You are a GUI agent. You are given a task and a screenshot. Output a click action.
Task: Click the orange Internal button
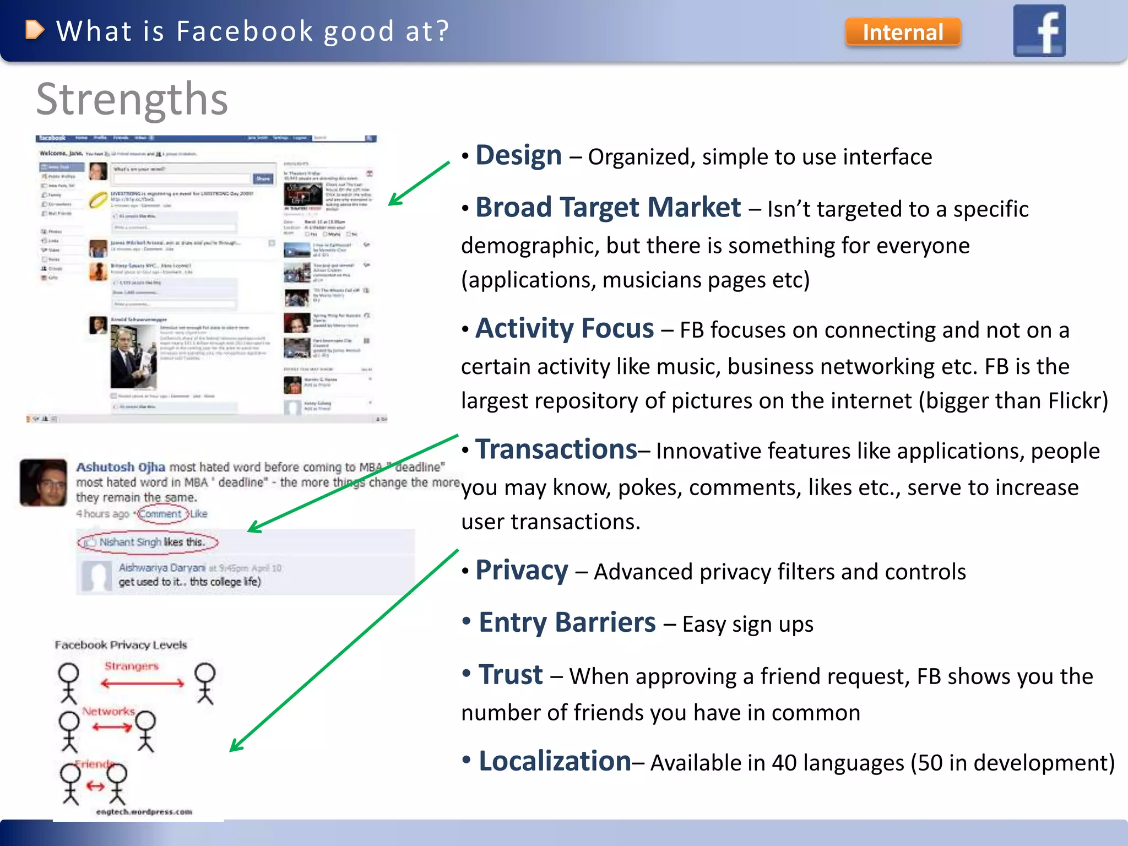tap(903, 32)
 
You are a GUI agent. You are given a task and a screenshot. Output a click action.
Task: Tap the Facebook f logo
tap(1039, 31)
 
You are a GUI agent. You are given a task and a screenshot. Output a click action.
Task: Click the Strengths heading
tap(132, 99)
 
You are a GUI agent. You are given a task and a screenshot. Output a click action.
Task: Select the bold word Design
tap(518, 155)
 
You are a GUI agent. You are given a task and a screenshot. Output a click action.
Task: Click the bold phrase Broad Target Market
tap(608, 208)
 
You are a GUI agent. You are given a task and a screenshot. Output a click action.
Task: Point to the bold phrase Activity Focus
tap(565, 328)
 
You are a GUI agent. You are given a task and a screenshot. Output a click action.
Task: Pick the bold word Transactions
tap(556, 449)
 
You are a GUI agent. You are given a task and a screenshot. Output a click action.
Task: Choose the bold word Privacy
tap(522, 570)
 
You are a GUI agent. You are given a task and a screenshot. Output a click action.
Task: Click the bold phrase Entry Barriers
tap(567, 622)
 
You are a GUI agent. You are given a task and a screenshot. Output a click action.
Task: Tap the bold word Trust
tap(511, 675)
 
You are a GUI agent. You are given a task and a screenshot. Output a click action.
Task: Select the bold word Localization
tap(555, 761)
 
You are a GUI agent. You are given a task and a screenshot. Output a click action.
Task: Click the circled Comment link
tap(160, 514)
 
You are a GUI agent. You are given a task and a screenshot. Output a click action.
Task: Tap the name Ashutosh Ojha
tap(121, 467)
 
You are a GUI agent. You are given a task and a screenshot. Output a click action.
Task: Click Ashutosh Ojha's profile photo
tap(44, 482)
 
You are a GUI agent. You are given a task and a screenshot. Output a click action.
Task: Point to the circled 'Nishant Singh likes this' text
tap(149, 542)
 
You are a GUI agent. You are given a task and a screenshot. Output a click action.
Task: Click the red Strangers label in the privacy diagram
tap(132, 666)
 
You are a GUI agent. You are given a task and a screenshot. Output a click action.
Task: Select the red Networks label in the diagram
tap(109, 711)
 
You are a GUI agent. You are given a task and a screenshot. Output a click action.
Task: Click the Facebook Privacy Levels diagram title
tap(121, 645)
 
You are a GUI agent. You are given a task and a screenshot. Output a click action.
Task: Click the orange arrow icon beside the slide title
tap(34, 30)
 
